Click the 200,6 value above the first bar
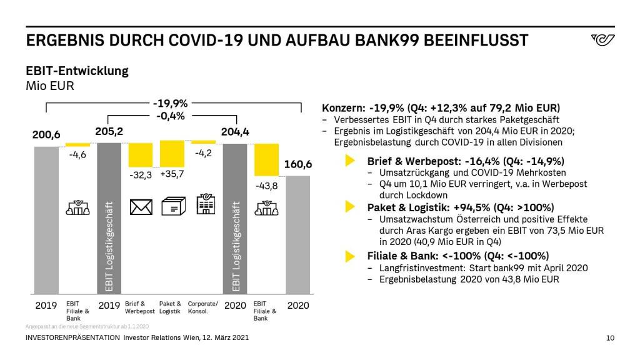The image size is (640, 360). pyautogui.click(x=46, y=135)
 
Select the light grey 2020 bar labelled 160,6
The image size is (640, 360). pyautogui.click(x=298, y=234)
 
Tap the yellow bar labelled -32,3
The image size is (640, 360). pyautogui.click(x=141, y=155)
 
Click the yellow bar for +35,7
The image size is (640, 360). pyautogui.click(x=172, y=154)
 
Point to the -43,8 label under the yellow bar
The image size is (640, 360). pyautogui.click(x=266, y=186)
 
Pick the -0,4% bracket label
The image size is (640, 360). pyautogui.click(x=172, y=116)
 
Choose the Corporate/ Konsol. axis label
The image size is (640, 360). pyautogui.click(x=203, y=307)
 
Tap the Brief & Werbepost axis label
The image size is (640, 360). pyautogui.click(x=139, y=307)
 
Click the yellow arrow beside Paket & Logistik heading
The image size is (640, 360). pyautogui.click(x=350, y=207)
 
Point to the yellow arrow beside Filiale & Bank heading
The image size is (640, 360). pyautogui.click(x=350, y=255)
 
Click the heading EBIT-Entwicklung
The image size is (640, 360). pyautogui.click(x=77, y=71)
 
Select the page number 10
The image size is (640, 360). pyautogui.click(x=611, y=338)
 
